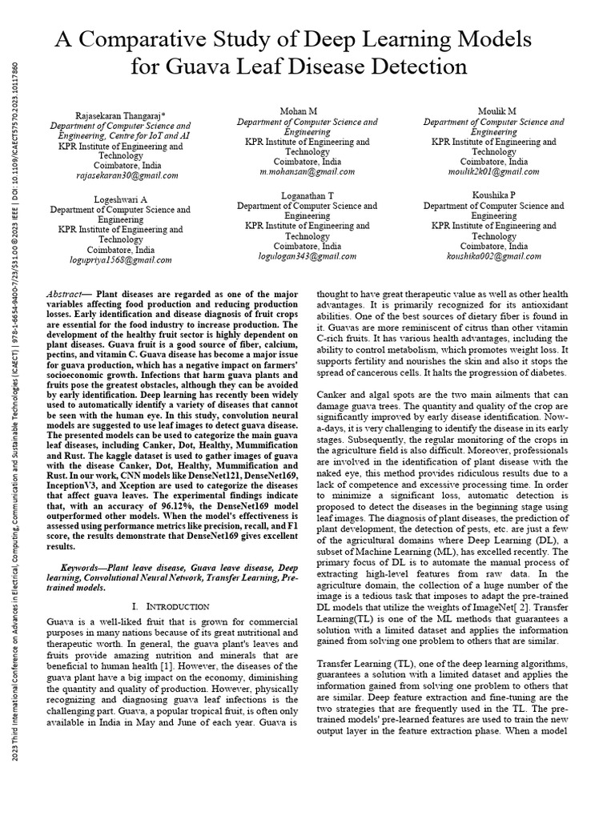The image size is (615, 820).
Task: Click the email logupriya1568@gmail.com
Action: point(121,259)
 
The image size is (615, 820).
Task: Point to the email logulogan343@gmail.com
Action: point(307,256)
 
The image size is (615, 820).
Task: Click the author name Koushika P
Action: point(493,195)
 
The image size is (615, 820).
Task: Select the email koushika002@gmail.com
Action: point(493,256)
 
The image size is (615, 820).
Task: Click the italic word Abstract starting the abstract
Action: point(67,295)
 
